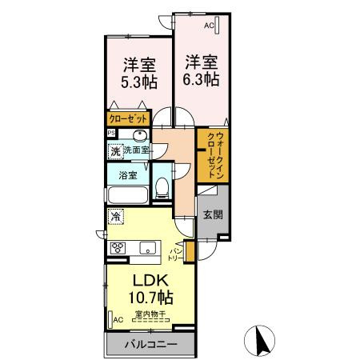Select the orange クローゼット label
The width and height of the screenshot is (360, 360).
128,119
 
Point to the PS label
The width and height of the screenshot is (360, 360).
112,133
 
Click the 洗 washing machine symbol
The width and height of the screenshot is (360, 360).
115,150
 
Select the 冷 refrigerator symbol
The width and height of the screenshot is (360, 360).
116,216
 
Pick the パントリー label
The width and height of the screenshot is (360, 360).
174,256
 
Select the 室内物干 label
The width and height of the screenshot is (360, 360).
150,314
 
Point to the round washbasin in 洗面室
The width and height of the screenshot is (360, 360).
141,136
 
